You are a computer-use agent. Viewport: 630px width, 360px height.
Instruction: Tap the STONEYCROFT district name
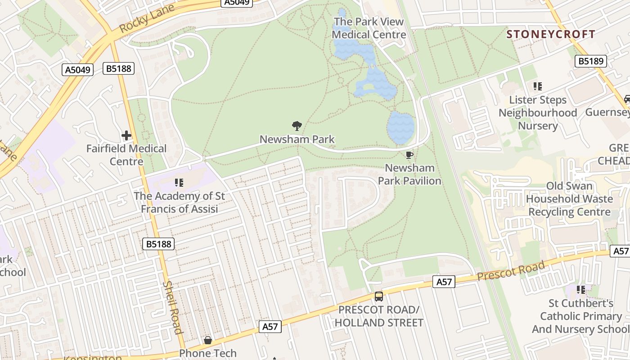tap(551, 34)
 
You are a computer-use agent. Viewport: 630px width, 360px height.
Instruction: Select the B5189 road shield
tap(592, 61)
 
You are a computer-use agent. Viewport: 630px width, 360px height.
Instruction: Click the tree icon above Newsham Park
tap(297, 126)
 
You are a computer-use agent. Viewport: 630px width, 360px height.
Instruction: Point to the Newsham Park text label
tap(297, 139)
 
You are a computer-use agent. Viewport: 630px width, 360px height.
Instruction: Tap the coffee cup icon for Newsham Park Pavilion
tap(409, 155)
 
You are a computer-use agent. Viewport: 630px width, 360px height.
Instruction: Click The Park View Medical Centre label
tap(369, 28)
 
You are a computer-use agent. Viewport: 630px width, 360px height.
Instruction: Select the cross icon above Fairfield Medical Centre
tap(126, 135)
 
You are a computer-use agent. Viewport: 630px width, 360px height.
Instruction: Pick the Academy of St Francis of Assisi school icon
tap(179, 183)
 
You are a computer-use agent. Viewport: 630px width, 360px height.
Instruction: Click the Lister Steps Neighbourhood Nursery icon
tap(537, 86)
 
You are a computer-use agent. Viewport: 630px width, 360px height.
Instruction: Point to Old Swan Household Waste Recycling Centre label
tap(570, 199)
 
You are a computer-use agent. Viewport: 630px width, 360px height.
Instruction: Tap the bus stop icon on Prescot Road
tap(379, 297)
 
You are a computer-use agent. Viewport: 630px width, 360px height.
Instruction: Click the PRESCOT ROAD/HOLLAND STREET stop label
tap(379, 316)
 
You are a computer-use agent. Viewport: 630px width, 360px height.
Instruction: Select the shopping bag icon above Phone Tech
tap(208, 340)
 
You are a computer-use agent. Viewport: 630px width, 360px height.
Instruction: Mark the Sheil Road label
tap(173, 307)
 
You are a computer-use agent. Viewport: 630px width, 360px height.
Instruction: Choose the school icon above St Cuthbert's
tap(581, 290)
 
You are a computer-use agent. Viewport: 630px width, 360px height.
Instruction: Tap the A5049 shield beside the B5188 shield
tap(78, 70)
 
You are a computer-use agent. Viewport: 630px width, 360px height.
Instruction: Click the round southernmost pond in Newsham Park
tap(400, 128)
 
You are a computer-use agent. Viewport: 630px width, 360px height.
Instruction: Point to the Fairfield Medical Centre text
tap(126, 155)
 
